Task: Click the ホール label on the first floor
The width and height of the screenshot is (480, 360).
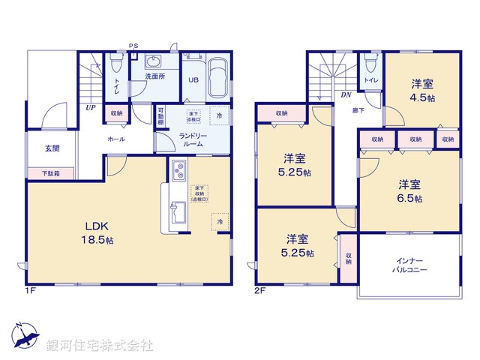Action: [116, 139]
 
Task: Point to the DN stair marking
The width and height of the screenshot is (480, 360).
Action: [346, 94]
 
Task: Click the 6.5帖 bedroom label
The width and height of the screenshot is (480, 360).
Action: [409, 190]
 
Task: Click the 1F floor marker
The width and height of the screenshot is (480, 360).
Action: [30, 290]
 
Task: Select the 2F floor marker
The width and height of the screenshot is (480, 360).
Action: [259, 290]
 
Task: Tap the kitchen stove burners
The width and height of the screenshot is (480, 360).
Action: [179, 171]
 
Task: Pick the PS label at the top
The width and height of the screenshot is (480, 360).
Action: [134, 45]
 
